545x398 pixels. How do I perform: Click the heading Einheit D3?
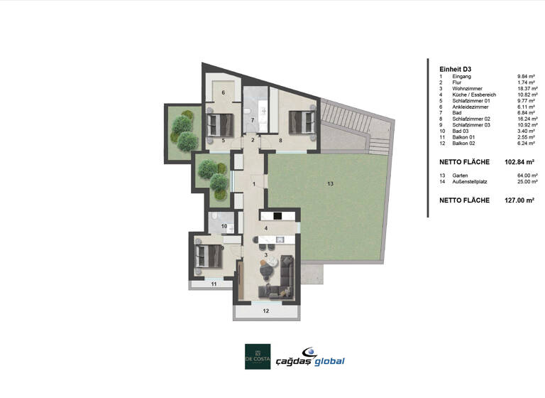click(x=456, y=69)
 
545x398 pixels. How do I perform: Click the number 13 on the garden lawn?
click(x=330, y=183)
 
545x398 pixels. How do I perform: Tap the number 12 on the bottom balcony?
click(x=265, y=311)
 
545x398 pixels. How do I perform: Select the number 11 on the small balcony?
click(x=214, y=284)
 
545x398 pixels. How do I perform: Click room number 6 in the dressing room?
click(x=223, y=93)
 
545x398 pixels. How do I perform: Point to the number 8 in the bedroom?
click(x=281, y=141)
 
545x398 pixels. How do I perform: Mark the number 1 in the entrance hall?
click(x=254, y=185)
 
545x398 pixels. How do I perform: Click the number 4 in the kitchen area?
click(x=265, y=228)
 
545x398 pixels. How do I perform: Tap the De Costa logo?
click(x=258, y=356)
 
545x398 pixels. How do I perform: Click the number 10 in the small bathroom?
click(x=224, y=227)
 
